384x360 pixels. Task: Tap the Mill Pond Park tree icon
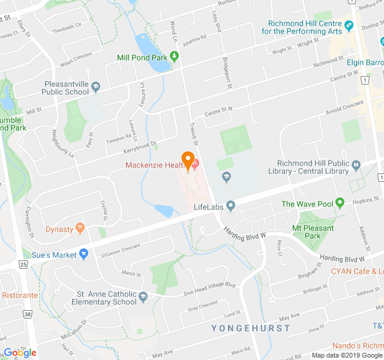tap(175, 58)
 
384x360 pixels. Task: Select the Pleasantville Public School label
tap(65, 88)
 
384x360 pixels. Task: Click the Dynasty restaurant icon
tap(80, 229)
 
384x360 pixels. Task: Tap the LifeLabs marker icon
tap(231, 207)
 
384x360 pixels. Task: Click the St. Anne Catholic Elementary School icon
tap(143, 296)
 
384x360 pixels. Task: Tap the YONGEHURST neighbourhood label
tap(250, 328)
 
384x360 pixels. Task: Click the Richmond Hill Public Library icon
tap(356, 164)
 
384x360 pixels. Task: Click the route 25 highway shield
tap(23, 264)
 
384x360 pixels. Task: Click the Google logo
tap(20, 353)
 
